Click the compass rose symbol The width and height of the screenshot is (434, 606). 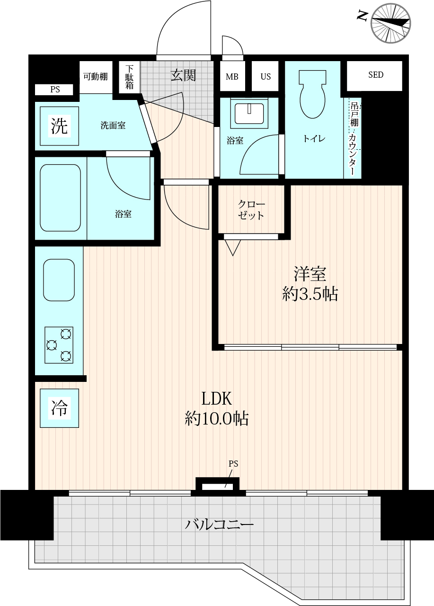tap(391, 24)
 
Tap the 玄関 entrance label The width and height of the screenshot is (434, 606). tap(183, 75)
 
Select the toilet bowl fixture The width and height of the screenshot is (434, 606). tap(312, 94)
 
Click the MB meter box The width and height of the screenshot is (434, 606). tap(232, 76)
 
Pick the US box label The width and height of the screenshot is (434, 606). tap(266, 77)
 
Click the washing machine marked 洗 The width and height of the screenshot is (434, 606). tap(60, 126)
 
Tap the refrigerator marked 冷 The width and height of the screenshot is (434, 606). tap(60, 408)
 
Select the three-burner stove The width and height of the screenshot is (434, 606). tap(59, 345)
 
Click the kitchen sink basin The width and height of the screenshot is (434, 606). tap(59, 280)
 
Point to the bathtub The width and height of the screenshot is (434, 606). tap(61, 198)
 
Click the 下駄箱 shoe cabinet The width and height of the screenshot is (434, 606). tap(130, 77)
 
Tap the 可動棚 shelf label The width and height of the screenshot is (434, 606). tap(96, 77)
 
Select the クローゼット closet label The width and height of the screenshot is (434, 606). tap(251, 210)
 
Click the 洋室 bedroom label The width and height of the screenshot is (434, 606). tap(310, 274)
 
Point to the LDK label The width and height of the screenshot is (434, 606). tap(217, 399)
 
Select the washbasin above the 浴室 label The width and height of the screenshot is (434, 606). tap(249, 114)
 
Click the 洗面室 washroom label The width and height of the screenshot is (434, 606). tap(113, 126)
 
